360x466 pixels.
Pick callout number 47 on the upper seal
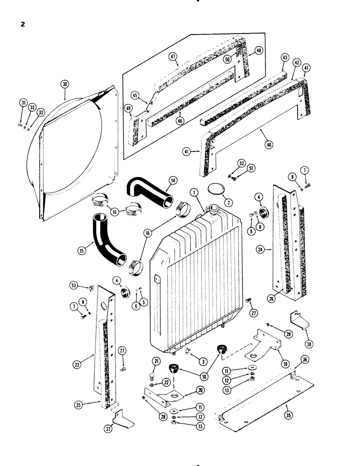pyautogui.click(x=173, y=57)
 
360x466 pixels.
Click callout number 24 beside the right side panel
pyautogui.click(x=261, y=250)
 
